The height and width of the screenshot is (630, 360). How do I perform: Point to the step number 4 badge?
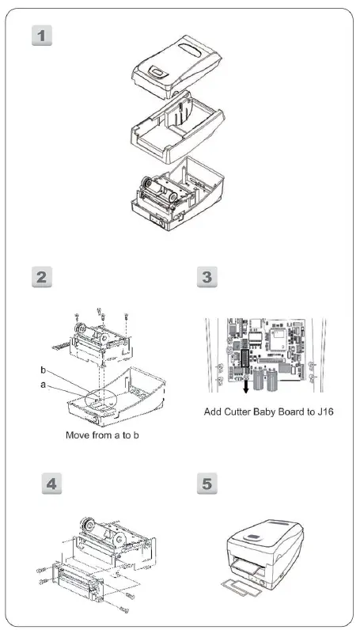(50, 483)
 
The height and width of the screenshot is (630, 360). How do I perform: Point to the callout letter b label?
(43, 370)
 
